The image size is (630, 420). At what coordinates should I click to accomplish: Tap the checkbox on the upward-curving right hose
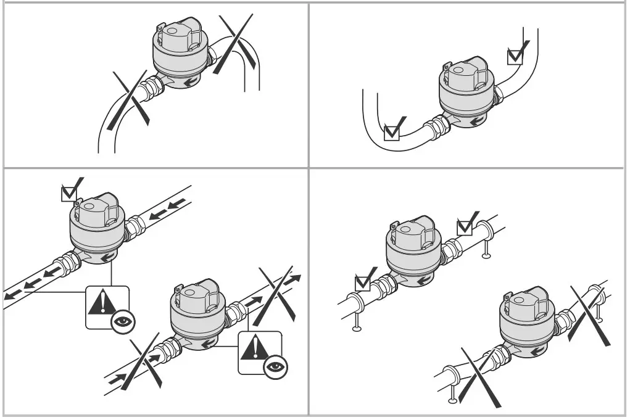[x=515, y=56]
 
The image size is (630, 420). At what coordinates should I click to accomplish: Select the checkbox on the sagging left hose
[x=392, y=132]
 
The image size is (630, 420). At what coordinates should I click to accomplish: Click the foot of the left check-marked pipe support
[x=357, y=327]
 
